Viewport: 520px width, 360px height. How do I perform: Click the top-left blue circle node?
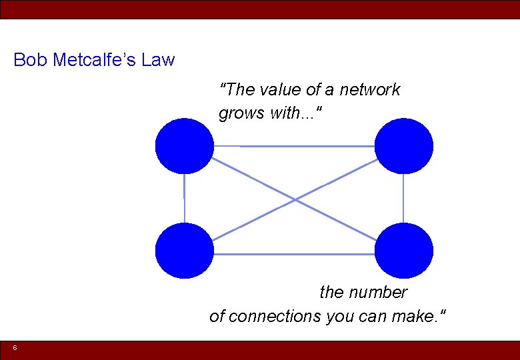click(x=185, y=146)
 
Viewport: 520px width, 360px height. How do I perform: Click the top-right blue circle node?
click(x=403, y=146)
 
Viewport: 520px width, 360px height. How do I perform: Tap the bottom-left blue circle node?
click(x=185, y=251)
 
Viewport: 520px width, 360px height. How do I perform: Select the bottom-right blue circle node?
click(x=403, y=251)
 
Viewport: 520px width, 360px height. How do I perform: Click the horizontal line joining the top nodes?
click(x=293, y=146)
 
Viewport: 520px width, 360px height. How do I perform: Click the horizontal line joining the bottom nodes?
click(x=293, y=254)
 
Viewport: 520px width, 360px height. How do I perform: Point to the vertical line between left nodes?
click(x=185, y=198)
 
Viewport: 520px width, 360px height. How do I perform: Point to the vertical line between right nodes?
click(x=403, y=198)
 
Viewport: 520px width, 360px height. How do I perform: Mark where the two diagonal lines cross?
click(x=295, y=199)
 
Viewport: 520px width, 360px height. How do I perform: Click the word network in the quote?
click(x=370, y=90)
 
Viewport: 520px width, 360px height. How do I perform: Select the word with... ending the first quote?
click(x=297, y=114)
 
